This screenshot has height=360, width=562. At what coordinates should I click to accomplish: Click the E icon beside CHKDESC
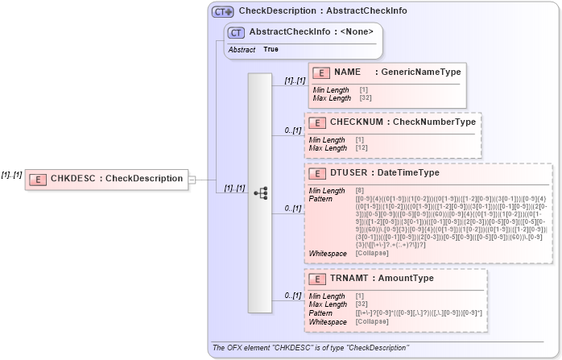tap(37, 179)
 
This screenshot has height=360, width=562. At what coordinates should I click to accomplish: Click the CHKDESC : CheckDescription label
tap(116, 179)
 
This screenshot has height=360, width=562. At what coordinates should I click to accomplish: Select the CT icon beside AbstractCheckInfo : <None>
tap(236, 32)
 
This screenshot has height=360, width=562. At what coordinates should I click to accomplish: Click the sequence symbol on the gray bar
tap(260, 192)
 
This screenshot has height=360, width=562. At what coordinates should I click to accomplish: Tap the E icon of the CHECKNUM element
tap(317, 122)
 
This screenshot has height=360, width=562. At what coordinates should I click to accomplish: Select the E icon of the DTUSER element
tap(317, 172)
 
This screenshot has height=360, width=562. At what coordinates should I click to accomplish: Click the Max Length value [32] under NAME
tap(366, 97)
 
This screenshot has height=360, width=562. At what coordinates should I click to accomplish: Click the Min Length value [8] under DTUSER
tap(360, 190)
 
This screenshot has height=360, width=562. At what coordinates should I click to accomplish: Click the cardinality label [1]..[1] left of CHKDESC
tap(11, 174)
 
